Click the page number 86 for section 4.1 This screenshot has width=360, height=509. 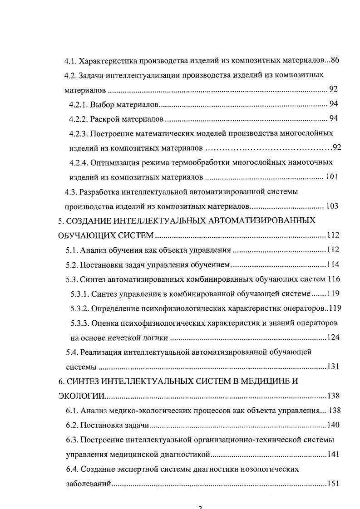pyautogui.click(x=335, y=60)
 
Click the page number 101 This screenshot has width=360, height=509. pyautogui.click(x=332, y=177)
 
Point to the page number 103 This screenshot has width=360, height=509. pyautogui.click(x=332, y=206)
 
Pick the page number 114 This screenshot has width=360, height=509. pyautogui.click(x=333, y=264)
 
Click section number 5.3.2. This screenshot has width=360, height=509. pyautogui.click(x=80, y=308)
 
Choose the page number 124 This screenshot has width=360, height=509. pyautogui.click(x=334, y=337)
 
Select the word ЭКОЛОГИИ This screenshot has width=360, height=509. pyautogui.click(x=81, y=396)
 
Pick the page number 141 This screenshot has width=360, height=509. pyautogui.click(x=334, y=454)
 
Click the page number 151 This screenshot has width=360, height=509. pyautogui.click(x=334, y=484)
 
